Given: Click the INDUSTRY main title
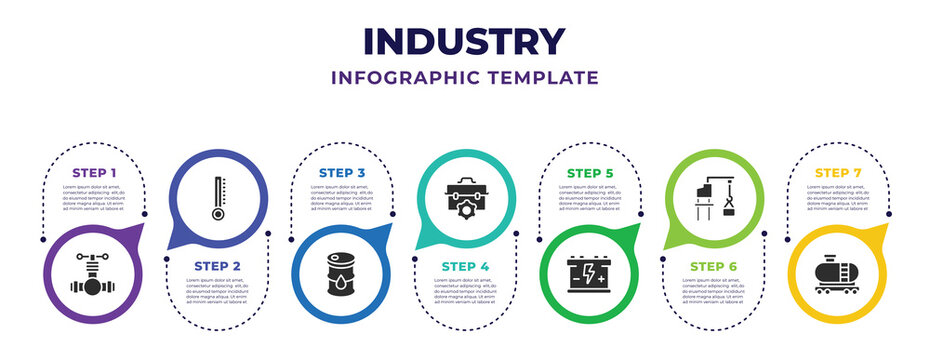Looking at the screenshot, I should tap(465, 41).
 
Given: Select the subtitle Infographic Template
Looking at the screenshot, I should tap(465, 77).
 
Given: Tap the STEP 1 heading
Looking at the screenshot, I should tap(93, 172).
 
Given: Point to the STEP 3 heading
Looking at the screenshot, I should tap(341, 172).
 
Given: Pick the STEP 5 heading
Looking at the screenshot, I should tap(589, 172).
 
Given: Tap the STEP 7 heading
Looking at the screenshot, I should tap(838, 172).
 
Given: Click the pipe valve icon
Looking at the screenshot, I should tap(93, 275).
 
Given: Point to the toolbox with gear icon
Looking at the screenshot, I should tap(465, 198).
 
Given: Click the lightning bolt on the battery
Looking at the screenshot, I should tap(589, 271).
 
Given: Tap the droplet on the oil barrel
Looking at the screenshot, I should tap(342, 282).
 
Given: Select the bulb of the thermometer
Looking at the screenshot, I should tap(217, 214).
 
